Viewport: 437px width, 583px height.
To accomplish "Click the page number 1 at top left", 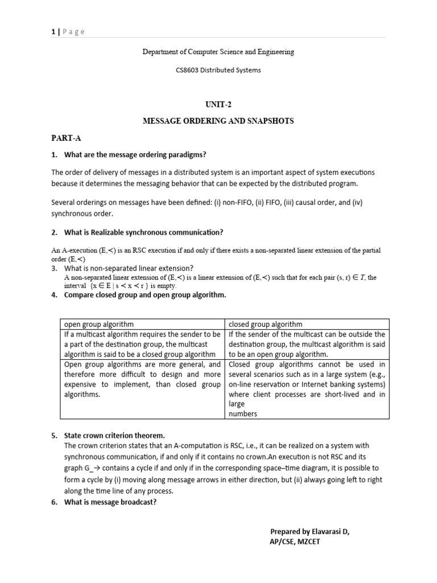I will tap(53, 32).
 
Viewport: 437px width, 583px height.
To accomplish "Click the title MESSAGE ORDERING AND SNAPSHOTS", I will tap(218, 122).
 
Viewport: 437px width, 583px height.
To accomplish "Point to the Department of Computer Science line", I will tap(218, 52).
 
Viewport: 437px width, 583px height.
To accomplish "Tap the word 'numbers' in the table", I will tap(242, 414).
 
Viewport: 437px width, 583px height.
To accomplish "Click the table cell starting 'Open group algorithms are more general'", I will tap(142, 379).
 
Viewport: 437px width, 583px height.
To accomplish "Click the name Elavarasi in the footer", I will tap(327, 531).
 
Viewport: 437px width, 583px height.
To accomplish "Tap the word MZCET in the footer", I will tap(311, 542).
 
